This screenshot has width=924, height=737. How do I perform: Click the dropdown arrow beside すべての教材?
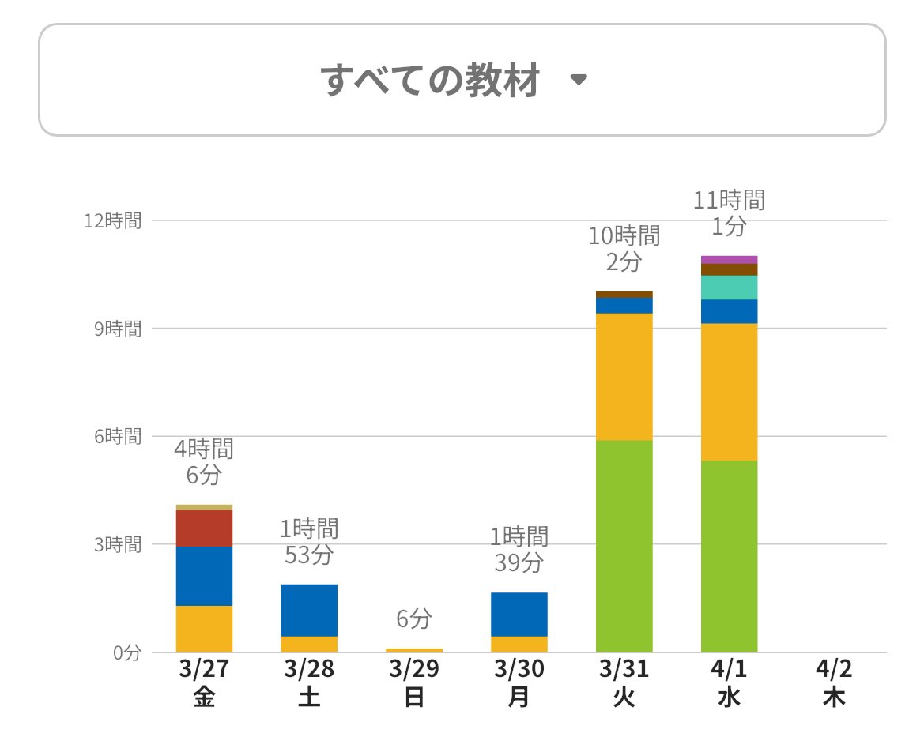[x=579, y=80]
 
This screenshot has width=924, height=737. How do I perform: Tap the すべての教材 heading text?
[x=431, y=80]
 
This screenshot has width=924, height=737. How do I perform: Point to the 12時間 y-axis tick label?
[x=113, y=220]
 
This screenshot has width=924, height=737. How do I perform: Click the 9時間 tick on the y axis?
[x=118, y=329]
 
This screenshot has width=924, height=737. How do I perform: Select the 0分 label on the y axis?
[x=126, y=652]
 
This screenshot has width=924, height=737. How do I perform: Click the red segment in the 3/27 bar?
[x=204, y=528]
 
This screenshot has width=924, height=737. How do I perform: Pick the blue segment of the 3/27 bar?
[x=204, y=576]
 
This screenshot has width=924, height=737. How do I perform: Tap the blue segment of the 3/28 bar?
[x=309, y=610]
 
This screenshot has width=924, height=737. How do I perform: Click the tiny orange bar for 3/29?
[x=414, y=650]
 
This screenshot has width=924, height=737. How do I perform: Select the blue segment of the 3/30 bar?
[x=519, y=614]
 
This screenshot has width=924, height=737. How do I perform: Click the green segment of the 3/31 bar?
[x=624, y=545]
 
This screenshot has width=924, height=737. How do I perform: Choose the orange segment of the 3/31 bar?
[x=624, y=377]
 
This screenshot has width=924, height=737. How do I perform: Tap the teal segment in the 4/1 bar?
[x=730, y=288]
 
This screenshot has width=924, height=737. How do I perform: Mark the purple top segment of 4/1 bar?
[x=730, y=259]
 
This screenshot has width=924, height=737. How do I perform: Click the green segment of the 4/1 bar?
[x=730, y=556]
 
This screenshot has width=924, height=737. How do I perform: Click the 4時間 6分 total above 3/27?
[x=204, y=462]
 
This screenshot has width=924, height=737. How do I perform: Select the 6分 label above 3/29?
[x=414, y=619]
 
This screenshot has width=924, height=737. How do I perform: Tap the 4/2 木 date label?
[x=834, y=683]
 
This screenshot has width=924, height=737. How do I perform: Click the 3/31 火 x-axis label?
[x=624, y=683]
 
